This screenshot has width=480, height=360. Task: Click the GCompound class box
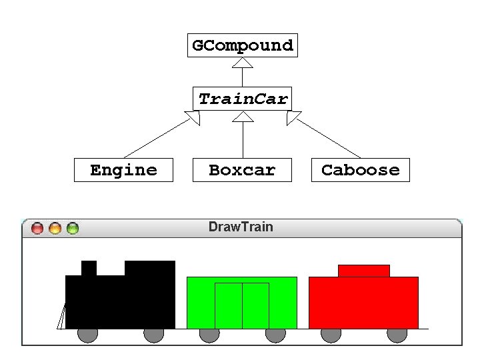point(242,45)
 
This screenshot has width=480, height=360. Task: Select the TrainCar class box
point(243,99)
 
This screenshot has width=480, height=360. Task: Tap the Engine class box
point(123,170)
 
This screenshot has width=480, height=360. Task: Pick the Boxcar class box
point(242,170)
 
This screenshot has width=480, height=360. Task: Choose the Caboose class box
point(360,170)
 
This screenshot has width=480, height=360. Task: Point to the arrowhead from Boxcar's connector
point(243,117)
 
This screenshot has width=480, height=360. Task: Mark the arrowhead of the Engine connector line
point(193,118)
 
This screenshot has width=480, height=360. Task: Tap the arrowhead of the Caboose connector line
point(293,118)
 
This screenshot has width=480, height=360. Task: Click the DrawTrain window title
point(241,227)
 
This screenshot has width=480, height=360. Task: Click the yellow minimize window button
point(55,228)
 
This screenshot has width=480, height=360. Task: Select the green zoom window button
point(72,228)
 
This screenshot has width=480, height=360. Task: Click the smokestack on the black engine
point(89,268)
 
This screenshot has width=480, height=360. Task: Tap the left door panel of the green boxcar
point(228,305)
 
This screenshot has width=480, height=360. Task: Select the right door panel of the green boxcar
point(255,305)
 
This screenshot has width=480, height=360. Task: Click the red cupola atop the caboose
point(363,271)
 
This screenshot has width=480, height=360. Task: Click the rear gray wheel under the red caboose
point(397,335)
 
